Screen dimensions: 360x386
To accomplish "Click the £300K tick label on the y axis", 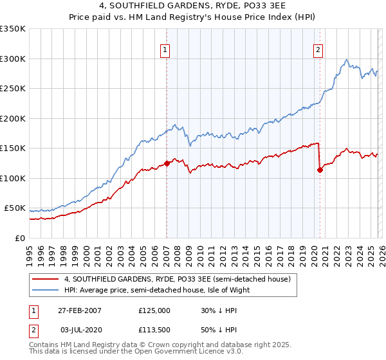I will (x=13, y=59).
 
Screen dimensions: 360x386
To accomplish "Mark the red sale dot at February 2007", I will (x=167, y=163).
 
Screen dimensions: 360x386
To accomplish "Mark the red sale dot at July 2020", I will (x=320, y=170).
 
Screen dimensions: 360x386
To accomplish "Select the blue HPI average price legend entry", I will (x=157, y=290).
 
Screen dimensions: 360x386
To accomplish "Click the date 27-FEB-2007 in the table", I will (x=80, y=310).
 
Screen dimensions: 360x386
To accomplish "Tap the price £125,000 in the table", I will (x=154, y=310).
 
